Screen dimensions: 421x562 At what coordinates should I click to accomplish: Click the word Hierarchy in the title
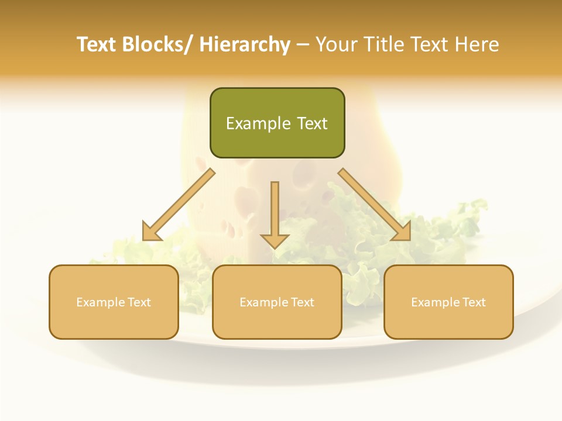(x=245, y=45)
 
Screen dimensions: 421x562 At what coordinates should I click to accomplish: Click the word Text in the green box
(x=312, y=123)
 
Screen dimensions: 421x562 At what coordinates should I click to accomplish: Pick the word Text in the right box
(x=472, y=302)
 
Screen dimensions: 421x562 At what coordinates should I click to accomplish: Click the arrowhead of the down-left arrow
(x=152, y=232)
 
